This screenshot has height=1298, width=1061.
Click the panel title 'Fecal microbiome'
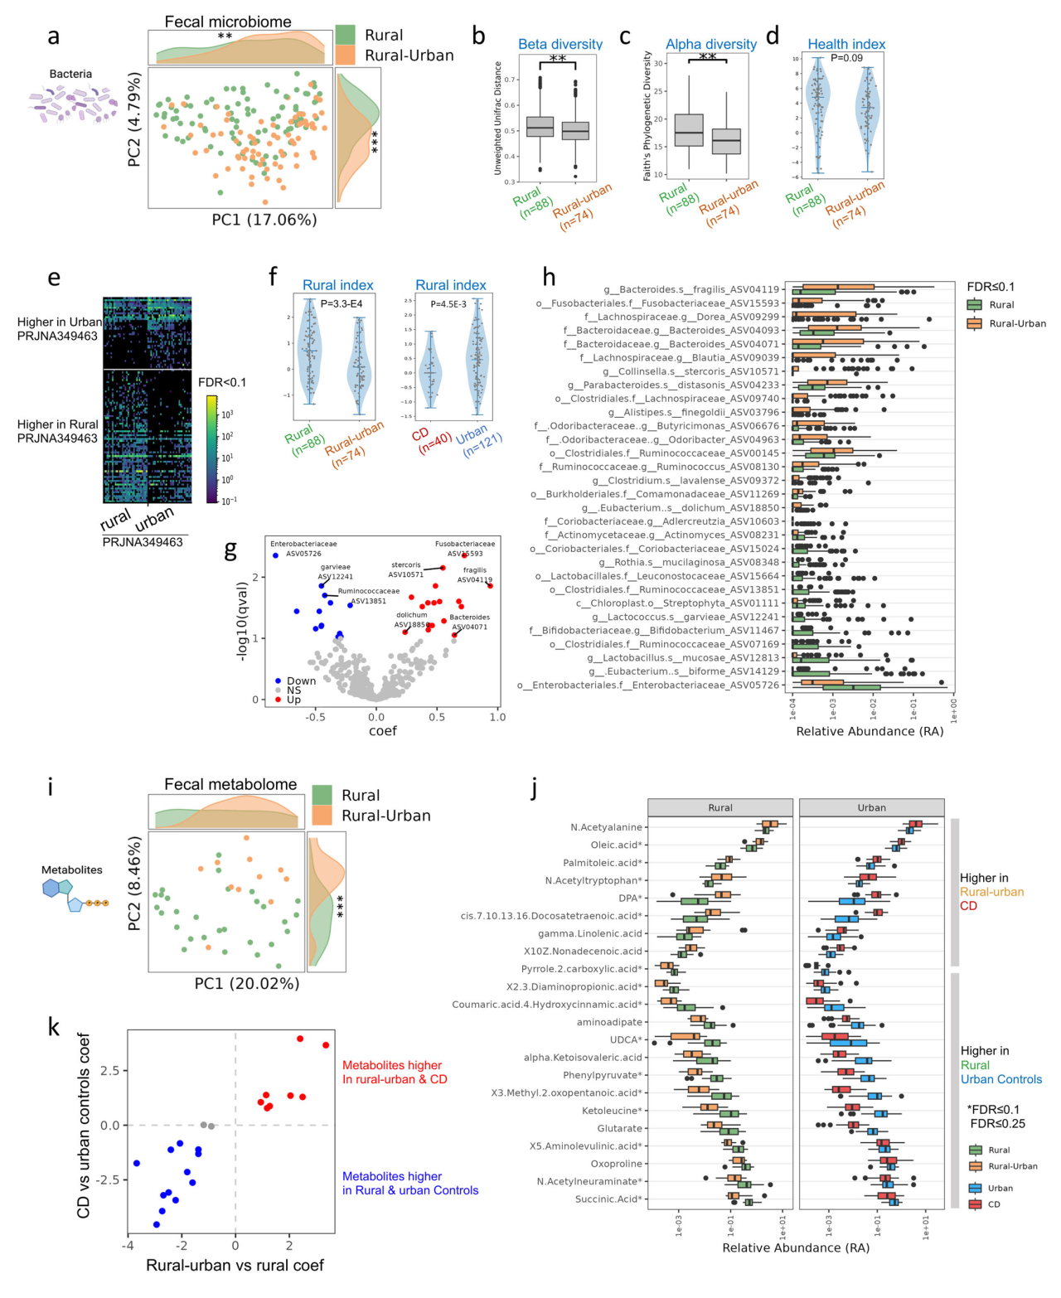coord(228,22)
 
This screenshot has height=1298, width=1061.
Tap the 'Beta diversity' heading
coord(560,44)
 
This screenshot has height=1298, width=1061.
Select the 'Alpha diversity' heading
coord(711,44)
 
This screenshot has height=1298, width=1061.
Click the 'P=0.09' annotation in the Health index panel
coord(846,58)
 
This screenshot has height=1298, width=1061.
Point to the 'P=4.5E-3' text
coord(448,304)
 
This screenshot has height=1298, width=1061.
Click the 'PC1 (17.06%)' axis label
coord(264,220)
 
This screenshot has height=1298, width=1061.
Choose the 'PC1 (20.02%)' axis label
coord(247,983)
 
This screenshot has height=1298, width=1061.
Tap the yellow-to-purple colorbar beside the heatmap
coord(212,448)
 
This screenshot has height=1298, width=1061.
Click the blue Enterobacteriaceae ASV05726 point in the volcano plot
coord(275,554)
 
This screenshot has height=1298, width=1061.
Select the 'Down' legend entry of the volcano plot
coord(301,680)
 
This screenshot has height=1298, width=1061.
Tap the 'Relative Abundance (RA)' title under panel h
coord(870,731)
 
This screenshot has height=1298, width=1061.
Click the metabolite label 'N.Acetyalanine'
coord(606,827)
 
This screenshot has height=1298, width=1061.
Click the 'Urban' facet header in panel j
coord(871,807)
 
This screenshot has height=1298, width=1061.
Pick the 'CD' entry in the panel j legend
coord(994,1204)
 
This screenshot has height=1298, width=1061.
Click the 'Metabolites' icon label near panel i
coord(72,869)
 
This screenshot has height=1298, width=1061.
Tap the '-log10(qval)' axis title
coord(242,621)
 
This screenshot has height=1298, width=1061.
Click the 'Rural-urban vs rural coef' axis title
coord(235,1265)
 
